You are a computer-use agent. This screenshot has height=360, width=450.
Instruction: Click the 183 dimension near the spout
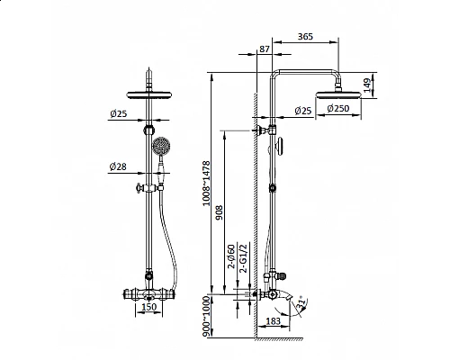tap(273, 321)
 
